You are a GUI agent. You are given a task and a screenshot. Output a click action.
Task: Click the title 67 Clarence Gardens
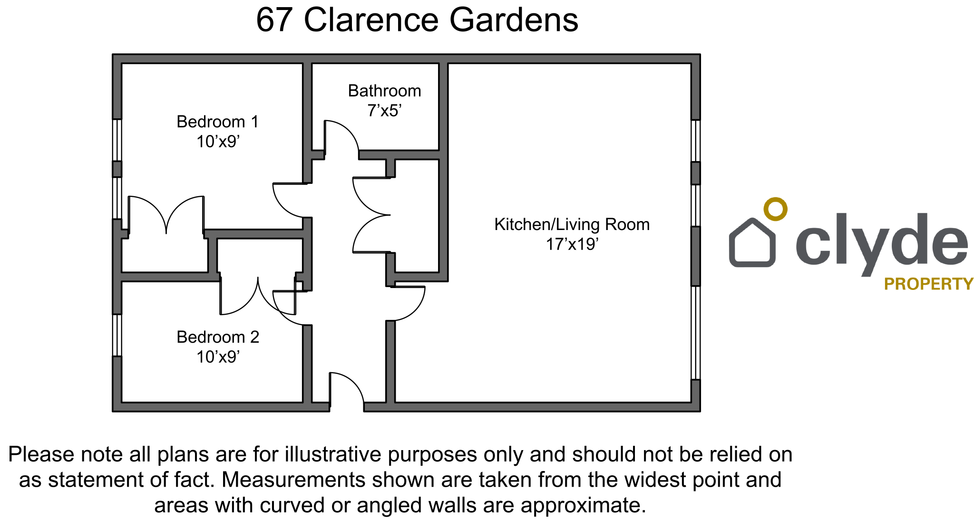tap(417, 20)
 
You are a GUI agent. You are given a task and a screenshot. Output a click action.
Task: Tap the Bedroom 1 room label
tap(218, 122)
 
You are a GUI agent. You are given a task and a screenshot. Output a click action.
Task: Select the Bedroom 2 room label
tap(218, 337)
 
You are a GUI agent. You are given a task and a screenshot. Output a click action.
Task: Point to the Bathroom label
tap(384, 91)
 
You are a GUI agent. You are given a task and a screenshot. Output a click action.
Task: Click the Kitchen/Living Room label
tap(572, 224)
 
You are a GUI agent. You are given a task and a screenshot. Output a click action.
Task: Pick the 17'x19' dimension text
tap(572, 244)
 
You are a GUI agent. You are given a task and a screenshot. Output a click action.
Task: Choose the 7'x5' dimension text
tap(384, 111)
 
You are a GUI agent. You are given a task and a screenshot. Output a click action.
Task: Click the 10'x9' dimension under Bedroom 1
tap(218, 142)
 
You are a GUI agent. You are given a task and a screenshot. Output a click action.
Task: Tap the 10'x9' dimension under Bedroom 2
tap(218, 357)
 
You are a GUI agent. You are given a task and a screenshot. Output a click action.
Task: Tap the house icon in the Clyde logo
tap(752, 242)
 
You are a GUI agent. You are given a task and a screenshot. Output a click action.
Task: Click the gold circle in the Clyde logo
tap(775, 209)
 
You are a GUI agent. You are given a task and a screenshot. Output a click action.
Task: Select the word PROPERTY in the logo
tap(928, 284)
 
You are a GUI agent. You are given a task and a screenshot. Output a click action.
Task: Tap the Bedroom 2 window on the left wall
tap(117, 335)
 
